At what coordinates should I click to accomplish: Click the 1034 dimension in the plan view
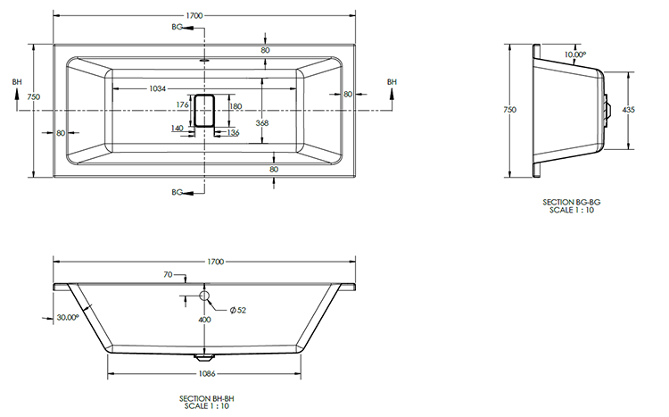point(156,88)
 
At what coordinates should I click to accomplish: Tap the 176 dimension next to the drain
point(183,105)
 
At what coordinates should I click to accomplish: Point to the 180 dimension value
point(235,106)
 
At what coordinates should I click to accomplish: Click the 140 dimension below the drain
point(177,129)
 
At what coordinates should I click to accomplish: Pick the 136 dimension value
point(234,133)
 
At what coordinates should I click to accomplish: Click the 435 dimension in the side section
point(629,109)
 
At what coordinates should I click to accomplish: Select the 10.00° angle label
point(575,55)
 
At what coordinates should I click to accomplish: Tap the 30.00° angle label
point(67,317)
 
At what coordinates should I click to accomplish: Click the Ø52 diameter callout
point(237,310)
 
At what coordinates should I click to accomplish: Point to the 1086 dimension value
point(207,373)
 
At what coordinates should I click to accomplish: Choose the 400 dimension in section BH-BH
point(204,320)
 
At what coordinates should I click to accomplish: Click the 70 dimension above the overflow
point(167,276)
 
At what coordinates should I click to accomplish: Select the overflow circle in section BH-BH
point(204,296)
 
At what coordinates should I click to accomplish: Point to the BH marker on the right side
point(392,82)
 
